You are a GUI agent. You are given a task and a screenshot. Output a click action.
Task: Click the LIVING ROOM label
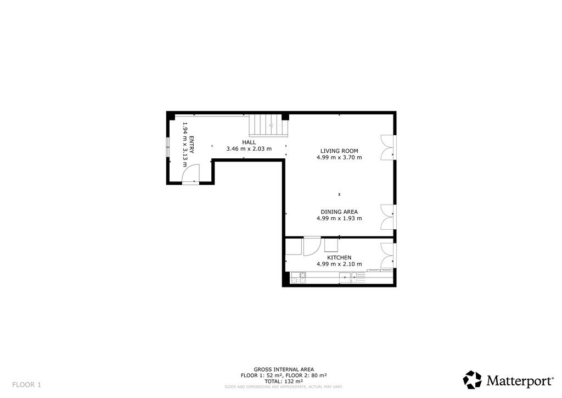click(x=339, y=151)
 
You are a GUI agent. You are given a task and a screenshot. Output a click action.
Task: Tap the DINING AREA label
click(x=339, y=212)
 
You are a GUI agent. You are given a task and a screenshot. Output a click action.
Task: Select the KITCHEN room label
click(x=339, y=258)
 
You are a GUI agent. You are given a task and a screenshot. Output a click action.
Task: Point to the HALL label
click(x=249, y=142)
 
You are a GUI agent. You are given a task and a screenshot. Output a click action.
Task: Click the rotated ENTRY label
click(x=192, y=145)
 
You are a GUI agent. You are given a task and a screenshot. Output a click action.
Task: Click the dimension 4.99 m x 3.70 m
click(x=339, y=158)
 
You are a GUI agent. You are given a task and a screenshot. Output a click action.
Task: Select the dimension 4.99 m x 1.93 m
click(x=339, y=219)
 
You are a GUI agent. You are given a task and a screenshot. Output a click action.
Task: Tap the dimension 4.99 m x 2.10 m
click(x=339, y=264)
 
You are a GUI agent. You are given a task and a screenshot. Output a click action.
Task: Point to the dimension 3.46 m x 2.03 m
click(x=249, y=149)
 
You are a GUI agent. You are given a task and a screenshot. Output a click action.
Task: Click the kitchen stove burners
click(x=299, y=278)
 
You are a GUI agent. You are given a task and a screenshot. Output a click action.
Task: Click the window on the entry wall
click(x=168, y=147)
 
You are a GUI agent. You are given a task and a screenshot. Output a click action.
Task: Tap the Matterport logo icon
click(x=472, y=380)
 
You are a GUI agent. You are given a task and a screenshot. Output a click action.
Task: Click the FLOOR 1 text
click(x=26, y=385)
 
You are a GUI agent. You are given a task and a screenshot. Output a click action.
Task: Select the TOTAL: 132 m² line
click(x=284, y=382)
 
